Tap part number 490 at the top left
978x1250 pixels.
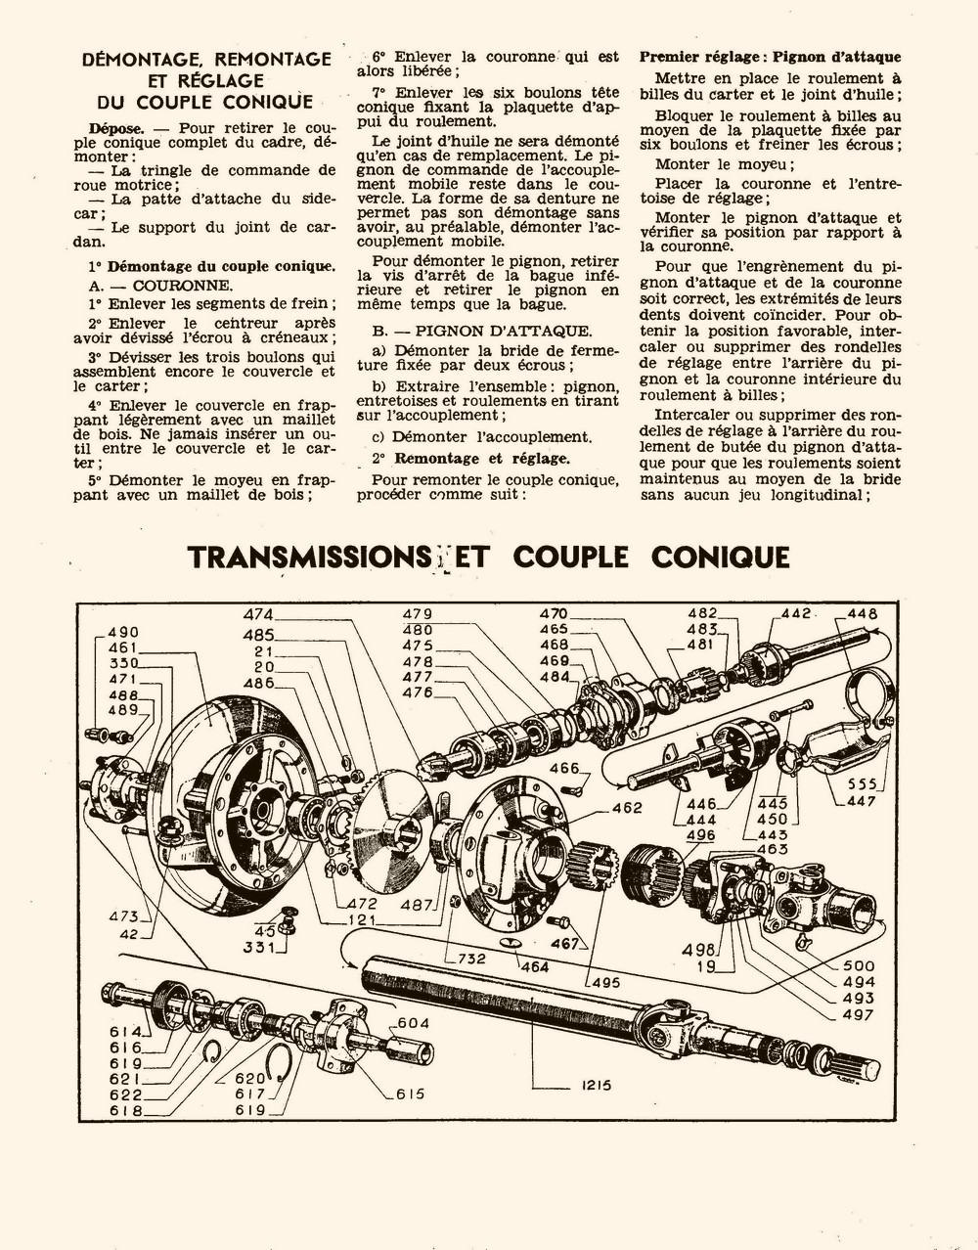[x=123, y=632]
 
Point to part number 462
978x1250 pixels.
[x=627, y=808]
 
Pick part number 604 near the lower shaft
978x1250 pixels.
[x=412, y=1022]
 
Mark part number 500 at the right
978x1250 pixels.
[x=859, y=965]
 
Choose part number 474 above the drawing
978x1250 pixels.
[x=259, y=614]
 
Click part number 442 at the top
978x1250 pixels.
[x=796, y=613]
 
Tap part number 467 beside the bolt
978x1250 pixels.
[x=564, y=944]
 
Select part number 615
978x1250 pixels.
[x=410, y=1094]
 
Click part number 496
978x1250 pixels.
[x=700, y=835]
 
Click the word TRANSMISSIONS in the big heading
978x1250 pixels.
[x=303, y=557]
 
